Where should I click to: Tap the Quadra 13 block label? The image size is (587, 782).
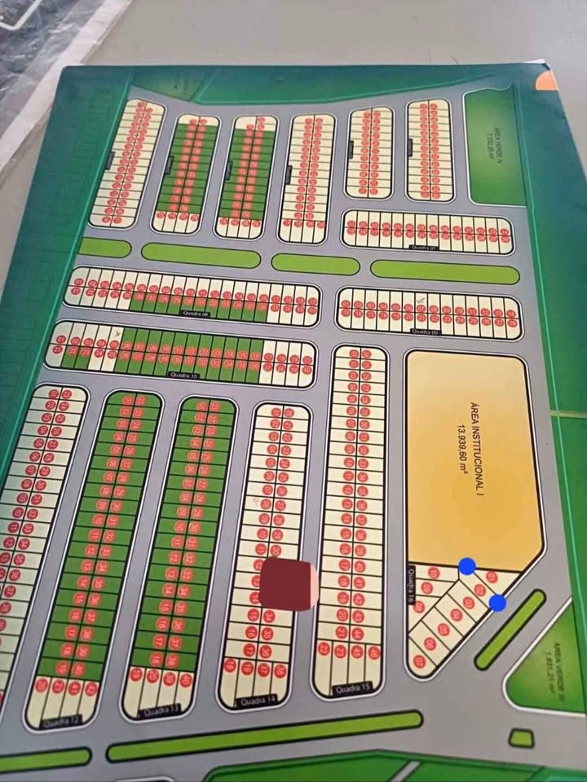pyautogui.click(x=157, y=710)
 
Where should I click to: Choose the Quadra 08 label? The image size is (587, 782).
pyautogui.click(x=194, y=312)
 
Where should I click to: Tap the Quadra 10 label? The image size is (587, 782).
pyautogui.click(x=184, y=374)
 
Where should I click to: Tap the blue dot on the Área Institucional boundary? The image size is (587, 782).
pyautogui.click(x=467, y=566)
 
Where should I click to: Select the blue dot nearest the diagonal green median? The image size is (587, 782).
pyautogui.click(x=497, y=603)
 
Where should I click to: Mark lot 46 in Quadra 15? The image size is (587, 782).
pyautogui.click(x=373, y=651)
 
